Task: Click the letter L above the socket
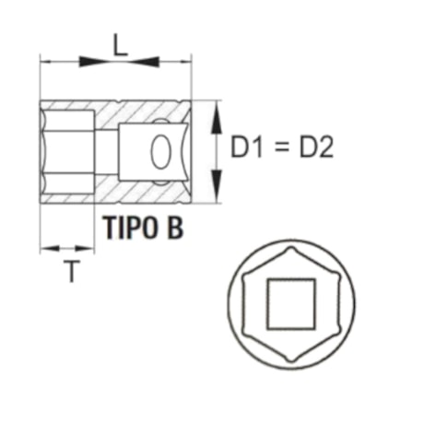coord(120,43)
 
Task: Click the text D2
coord(313,148)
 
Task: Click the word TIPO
coord(128,228)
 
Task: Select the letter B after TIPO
coord(175,228)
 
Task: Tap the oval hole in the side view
coord(160,152)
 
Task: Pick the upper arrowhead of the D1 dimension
coord(218,112)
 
